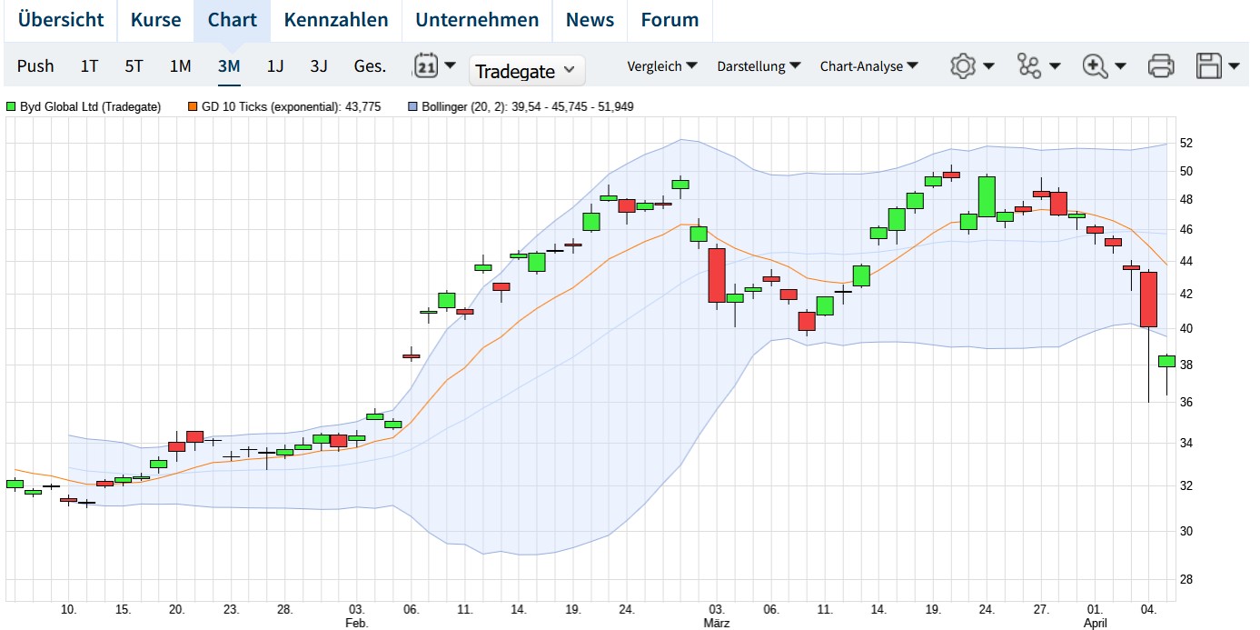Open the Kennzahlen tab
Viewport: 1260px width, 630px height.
[336, 20]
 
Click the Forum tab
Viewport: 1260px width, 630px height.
[670, 20]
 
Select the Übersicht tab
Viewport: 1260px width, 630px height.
[61, 20]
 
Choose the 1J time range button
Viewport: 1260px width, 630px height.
[275, 65]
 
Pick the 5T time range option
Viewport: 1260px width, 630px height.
[134, 65]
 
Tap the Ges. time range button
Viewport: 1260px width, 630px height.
[370, 65]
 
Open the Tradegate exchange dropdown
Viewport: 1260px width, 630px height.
[526, 70]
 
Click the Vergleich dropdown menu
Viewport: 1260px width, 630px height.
[662, 65]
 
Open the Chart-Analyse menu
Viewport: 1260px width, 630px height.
[868, 65]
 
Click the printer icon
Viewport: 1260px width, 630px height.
[1161, 65]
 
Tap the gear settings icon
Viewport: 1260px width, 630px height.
[963, 65]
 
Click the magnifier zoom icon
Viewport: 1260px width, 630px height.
[1095, 65]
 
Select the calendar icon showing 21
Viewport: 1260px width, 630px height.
[426, 65]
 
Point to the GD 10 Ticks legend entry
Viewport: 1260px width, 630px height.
[283, 107]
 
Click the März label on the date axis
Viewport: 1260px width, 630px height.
[716, 624]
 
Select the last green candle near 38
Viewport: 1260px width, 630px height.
[1166, 361]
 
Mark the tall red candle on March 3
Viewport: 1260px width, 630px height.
[717, 275]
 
